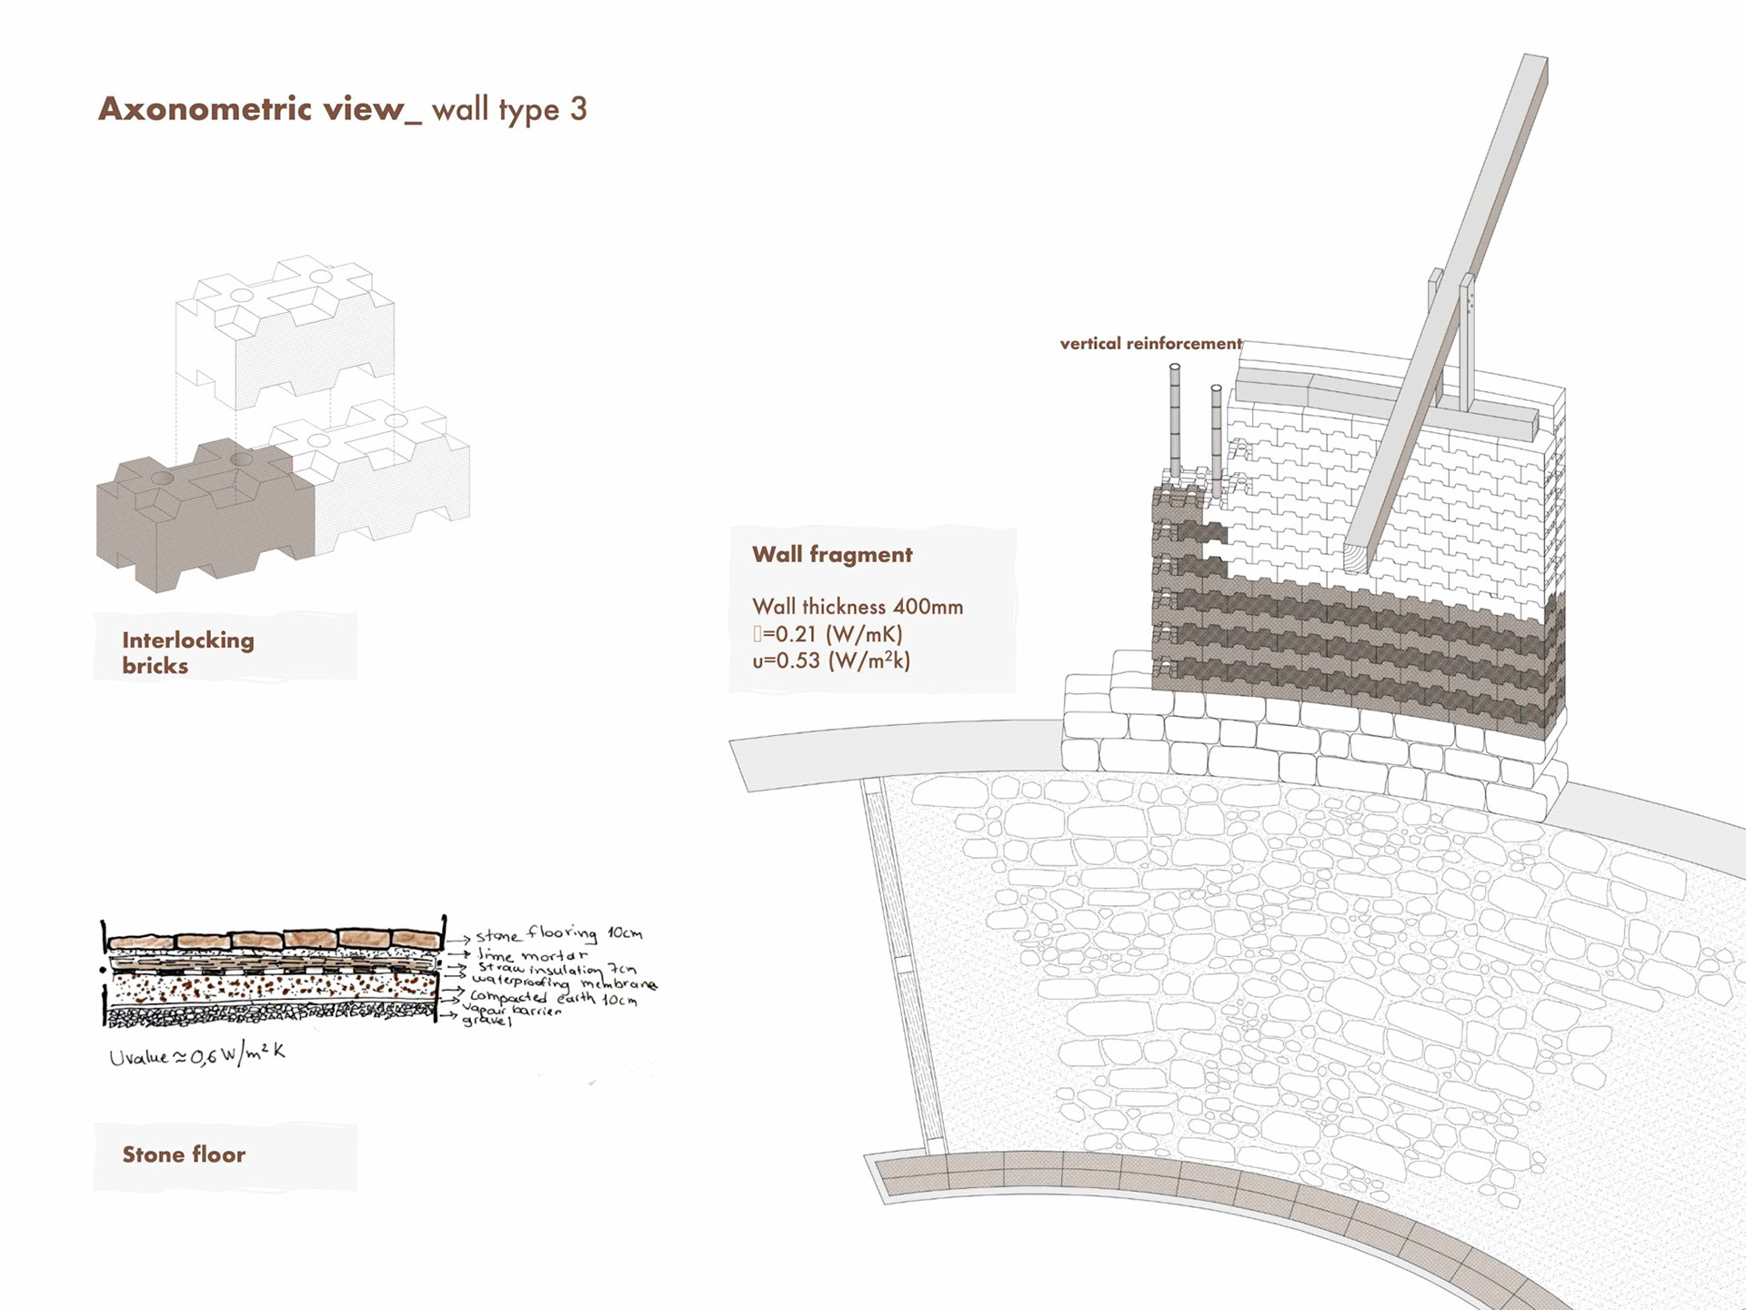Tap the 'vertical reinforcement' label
point(1150,344)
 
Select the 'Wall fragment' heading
point(831,555)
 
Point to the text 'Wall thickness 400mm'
point(857,607)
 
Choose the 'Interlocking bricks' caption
point(187,652)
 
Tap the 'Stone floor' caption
point(184,1154)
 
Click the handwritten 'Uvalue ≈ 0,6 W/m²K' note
point(196,1055)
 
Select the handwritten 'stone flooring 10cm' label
point(558,934)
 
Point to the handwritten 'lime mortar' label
point(533,955)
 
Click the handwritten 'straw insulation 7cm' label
point(557,969)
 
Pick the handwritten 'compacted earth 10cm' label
point(553,998)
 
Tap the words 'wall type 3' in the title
point(509,110)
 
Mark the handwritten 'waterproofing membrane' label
point(564,983)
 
